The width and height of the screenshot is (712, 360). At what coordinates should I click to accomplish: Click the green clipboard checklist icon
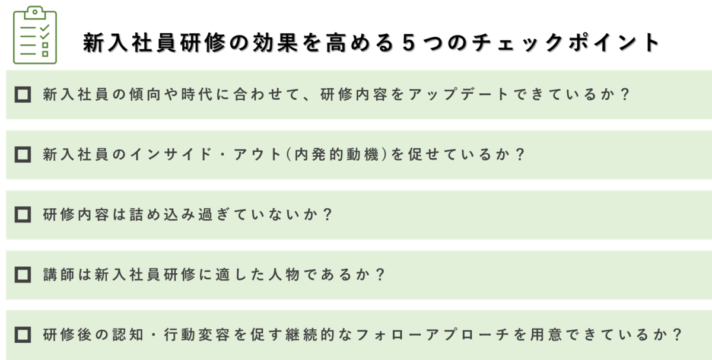point(35,35)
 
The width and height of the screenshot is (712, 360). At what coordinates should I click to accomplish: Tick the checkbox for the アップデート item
point(23,94)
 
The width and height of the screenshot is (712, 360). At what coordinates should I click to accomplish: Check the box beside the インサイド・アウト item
point(23,154)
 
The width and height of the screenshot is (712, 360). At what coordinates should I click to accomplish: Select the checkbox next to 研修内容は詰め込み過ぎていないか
point(23,215)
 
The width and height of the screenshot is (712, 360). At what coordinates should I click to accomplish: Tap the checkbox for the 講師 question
point(23,275)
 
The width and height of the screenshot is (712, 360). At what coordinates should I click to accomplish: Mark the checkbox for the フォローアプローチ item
point(23,334)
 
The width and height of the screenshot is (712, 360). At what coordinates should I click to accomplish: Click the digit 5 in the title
point(408,43)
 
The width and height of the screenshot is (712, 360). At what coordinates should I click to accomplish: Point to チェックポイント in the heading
point(565,43)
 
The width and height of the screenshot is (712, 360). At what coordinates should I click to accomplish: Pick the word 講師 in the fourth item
point(59,275)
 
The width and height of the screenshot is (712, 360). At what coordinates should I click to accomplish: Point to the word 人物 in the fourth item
point(284,275)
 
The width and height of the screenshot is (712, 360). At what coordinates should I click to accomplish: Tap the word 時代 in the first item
point(197,94)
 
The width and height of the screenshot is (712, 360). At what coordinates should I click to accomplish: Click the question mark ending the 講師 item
point(380,275)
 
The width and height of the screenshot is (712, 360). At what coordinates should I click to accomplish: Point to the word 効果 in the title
point(275,43)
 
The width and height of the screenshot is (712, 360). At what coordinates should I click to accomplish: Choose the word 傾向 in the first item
point(145,94)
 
